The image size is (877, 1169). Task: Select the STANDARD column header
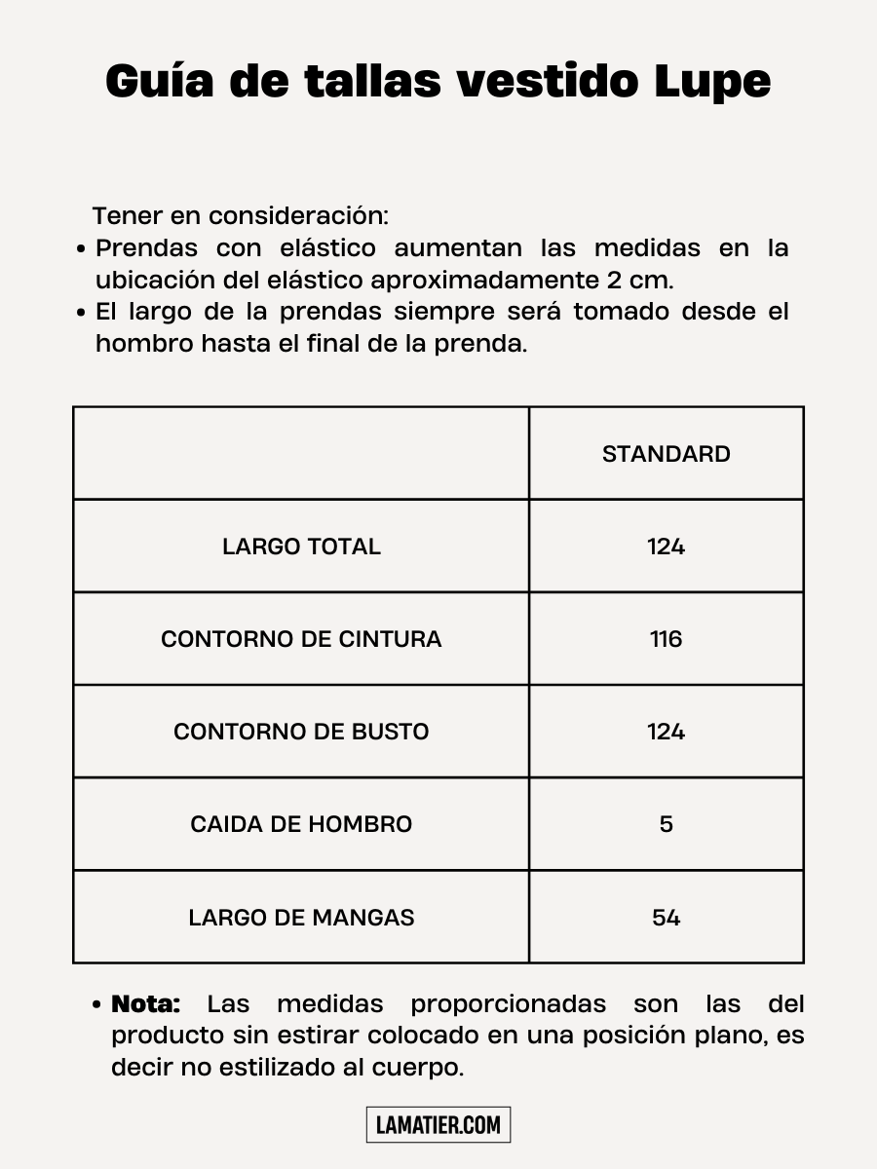667,454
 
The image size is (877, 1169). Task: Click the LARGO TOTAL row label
301,547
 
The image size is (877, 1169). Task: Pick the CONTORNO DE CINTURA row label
301,639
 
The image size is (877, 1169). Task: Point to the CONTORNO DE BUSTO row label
301,732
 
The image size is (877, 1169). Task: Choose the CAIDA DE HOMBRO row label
301,824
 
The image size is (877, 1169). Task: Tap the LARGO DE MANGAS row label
301,918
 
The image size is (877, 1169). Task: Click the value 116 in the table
667,639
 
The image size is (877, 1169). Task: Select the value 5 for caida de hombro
667,824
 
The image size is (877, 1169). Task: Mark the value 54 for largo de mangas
667,918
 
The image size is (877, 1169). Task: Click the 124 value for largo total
667,547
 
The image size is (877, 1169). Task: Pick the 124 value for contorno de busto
667,732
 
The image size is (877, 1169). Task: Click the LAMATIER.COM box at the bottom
438,1125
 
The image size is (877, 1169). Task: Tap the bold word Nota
146,1003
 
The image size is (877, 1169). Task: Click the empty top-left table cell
301,453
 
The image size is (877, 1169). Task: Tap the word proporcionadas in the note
508,1003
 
